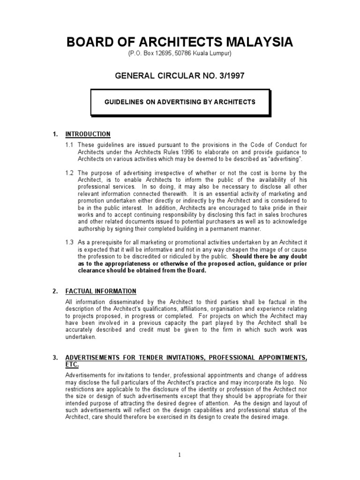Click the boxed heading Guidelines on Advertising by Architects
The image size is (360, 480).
[x=180, y=102]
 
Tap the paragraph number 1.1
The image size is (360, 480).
[x=70, y=145]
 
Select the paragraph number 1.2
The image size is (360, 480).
[x=70, y=173]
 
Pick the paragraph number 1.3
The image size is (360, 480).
[x=70, y=243]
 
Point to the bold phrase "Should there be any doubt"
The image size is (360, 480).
[x=270, y=257]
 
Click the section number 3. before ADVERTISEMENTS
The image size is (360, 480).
[x=55, y=358]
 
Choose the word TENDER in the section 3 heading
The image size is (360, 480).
[x=153, y=358]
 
